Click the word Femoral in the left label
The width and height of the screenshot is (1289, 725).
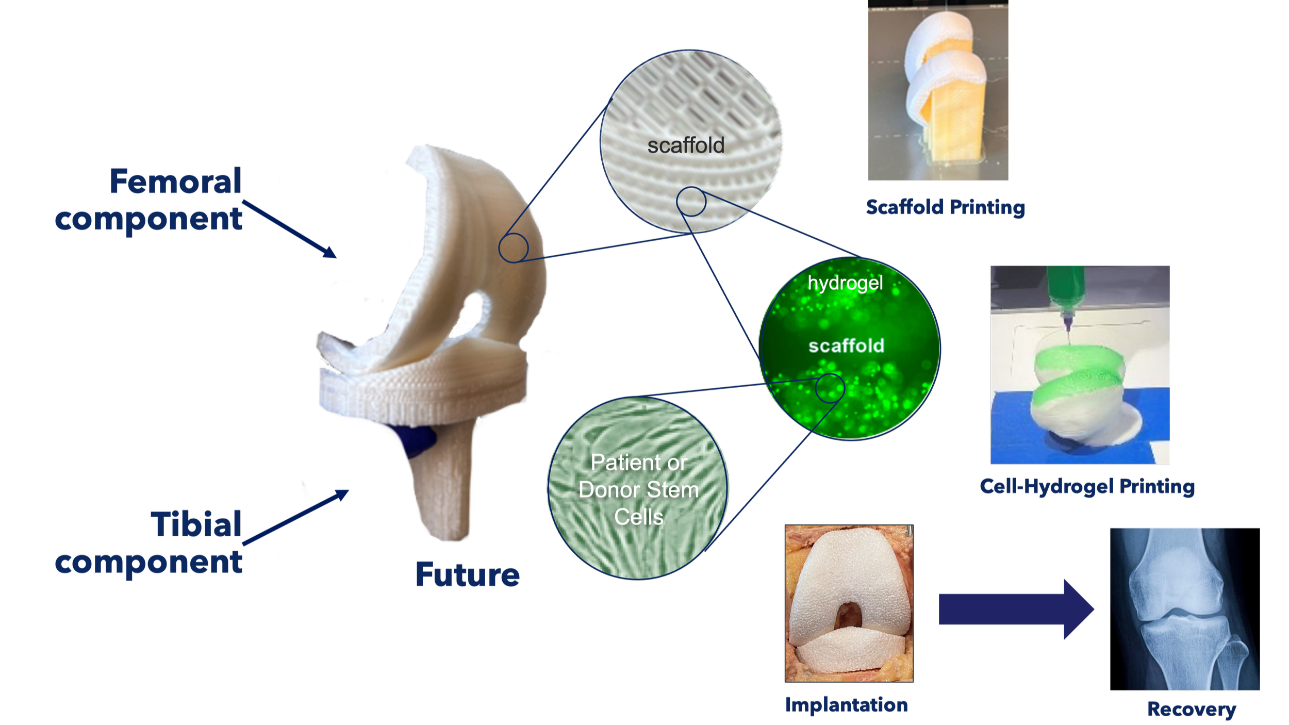[175, 182]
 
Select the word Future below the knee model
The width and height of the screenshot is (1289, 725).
[467, 574]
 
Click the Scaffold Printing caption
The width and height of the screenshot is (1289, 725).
[945, 207]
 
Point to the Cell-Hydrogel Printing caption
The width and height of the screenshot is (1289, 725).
[1087, 486]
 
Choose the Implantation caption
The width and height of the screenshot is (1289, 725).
[846, 704]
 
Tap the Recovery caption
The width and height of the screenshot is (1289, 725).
[1192, 709]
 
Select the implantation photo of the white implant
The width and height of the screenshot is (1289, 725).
[849, 603]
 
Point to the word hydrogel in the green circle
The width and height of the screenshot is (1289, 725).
[845, 283]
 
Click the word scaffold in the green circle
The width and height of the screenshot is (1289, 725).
[846, 345]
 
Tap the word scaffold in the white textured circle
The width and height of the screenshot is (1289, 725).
[686, 145]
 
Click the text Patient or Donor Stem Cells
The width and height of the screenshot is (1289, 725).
[638, 489]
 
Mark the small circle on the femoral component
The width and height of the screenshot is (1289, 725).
[513, 248]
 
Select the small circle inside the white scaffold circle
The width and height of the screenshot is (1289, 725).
[691, 202]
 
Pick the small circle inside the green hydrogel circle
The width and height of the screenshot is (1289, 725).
[830, 388]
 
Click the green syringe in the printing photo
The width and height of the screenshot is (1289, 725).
[1064, 291]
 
